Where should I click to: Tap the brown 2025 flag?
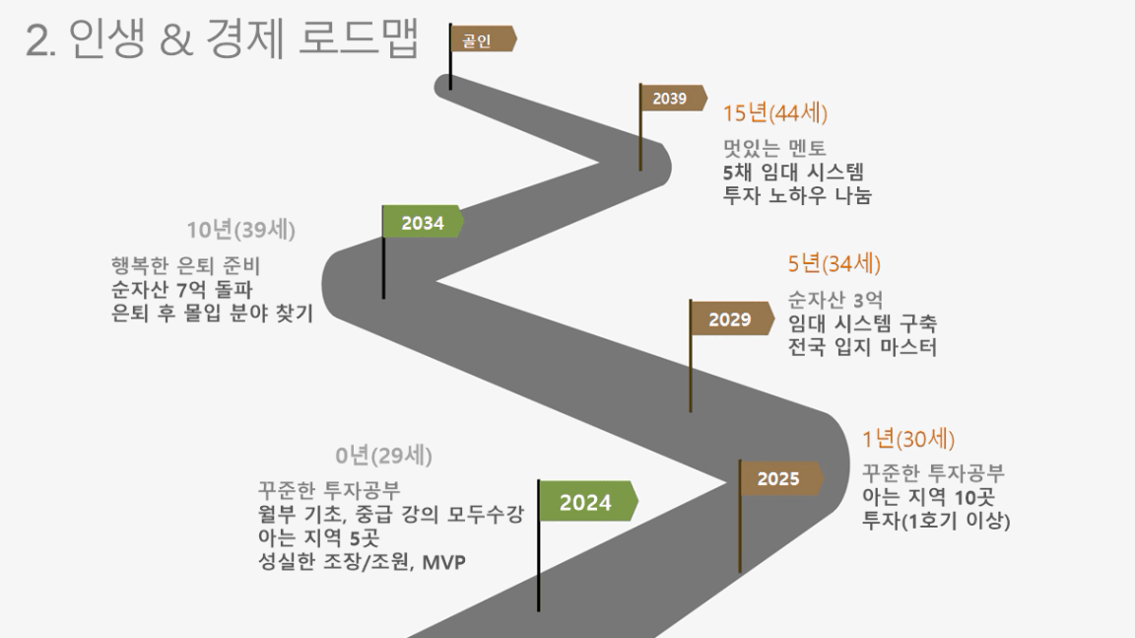point(780,478)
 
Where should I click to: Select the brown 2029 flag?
point(731,319)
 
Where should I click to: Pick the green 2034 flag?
point(423,222)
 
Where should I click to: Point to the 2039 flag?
point(672,99)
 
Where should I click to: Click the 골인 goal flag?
point(482,39)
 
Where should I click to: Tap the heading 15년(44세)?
point(775,113)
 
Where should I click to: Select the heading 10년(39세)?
point(241,230)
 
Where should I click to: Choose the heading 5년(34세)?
point(834,263)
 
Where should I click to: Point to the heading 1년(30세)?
point(908,438)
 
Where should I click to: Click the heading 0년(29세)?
point(383,456)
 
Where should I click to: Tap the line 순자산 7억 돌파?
point(181,290)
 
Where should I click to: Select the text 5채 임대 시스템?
point(793,173)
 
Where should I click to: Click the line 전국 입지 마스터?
point(862,347)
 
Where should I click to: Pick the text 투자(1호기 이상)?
point(936,521)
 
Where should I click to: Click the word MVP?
point(443,562)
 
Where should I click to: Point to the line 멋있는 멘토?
point(774,149)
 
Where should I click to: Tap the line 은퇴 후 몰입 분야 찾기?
point(212,313)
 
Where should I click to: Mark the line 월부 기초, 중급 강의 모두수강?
point(391,514)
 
